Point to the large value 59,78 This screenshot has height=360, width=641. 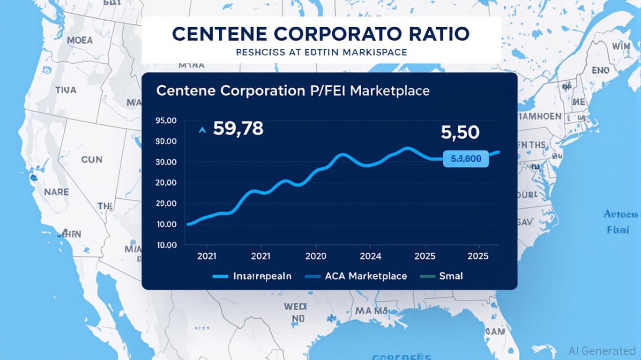click(x=238, y=128)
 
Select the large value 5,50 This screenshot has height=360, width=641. click(x=460, y=133)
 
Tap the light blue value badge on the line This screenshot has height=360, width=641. click(x=465, y=159)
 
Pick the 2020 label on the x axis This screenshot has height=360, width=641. click(x=316, y=256)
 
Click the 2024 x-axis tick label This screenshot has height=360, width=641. click(x=370, y=256)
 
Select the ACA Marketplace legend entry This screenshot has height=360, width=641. click(x=365, y=276)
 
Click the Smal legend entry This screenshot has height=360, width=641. click(x=451, y=276)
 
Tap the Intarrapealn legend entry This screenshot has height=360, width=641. click(x=262, y=276)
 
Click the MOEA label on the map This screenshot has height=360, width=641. click(x=80, y=40)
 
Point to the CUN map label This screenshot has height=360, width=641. click(x=91, y=160)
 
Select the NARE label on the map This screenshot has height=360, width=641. click(x=56, y=192)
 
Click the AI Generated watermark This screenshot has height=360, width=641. click(x=602, y=350)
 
